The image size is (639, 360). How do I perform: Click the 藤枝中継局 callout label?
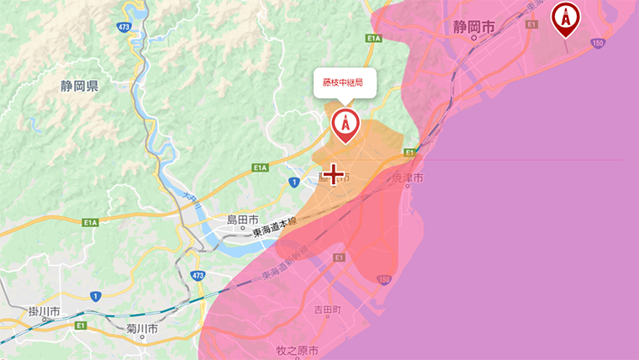pos(344,83)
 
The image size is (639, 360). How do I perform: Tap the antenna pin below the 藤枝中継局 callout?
pos(345,124)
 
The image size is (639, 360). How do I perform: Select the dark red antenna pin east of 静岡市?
pos(566,19)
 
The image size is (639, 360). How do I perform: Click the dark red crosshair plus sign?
pos(334,174)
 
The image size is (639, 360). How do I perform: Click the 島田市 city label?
pos(242,220)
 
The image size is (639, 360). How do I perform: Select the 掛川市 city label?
pos(43,311)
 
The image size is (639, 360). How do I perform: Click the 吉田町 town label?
pos(327,310)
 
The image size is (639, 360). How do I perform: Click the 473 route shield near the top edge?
pos(124,28)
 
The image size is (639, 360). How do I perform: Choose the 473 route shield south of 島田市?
pos(198,274)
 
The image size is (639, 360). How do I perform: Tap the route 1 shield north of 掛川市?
pos(96,296)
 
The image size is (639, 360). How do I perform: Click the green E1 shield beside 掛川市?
pos(81,325)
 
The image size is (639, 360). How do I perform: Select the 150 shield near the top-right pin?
pos(599,44)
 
